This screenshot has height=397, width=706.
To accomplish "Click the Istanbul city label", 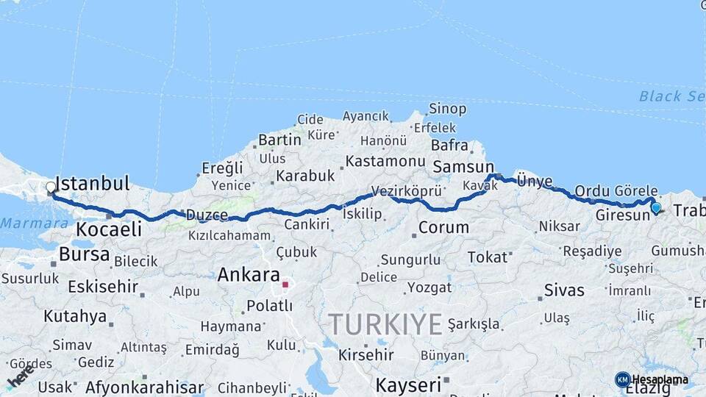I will pos(93,183).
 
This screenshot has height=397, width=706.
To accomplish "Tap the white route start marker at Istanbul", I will pos(51,187).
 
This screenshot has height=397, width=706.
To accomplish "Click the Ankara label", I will pos(249,275).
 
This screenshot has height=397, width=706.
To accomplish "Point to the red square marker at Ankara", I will pos(285,284).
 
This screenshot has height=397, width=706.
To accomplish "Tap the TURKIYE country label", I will pos(385,323).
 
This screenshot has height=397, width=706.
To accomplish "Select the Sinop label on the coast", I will pos(447,109).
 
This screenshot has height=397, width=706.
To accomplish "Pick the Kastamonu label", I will pos(385,161).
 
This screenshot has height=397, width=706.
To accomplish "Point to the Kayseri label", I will pos(408,385).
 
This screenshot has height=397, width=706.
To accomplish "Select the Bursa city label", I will pos(85,255).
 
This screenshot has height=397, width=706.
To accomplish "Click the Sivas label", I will pos(565,290).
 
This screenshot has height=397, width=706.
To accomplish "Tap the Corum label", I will pos(443,227).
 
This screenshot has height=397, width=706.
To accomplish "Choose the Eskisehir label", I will pos(103,286).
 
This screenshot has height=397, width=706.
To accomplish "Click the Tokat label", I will pos(488,257).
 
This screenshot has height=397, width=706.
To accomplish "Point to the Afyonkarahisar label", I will pos(144,387).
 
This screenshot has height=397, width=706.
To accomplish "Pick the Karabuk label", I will pos(305,176).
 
